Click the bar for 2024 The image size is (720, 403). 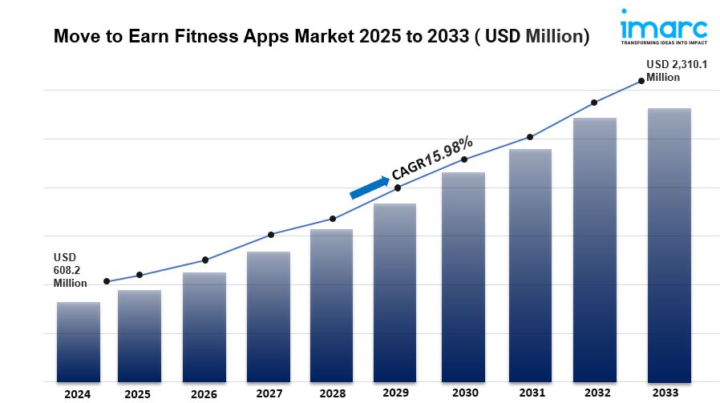[78, 342]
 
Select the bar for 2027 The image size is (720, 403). [269, 316]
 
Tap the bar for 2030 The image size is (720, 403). [463, 277]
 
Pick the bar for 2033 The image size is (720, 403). [669, 245]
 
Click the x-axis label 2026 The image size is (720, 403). [204, 393]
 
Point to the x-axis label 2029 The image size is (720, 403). [394, 393]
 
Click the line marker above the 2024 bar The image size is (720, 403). [107, 281]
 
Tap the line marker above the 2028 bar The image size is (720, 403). [333, 219]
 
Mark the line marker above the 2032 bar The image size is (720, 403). [594, 103]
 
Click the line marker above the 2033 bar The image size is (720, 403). [641, 80]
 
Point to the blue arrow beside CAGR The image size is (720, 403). [368, 187]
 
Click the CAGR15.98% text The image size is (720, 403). [432, 158]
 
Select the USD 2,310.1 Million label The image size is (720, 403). [677, 71]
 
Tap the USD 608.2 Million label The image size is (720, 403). [70, 270]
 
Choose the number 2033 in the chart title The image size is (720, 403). [442, 36]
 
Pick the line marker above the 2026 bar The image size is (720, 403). [205, 260]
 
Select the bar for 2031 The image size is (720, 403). [530, 265]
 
